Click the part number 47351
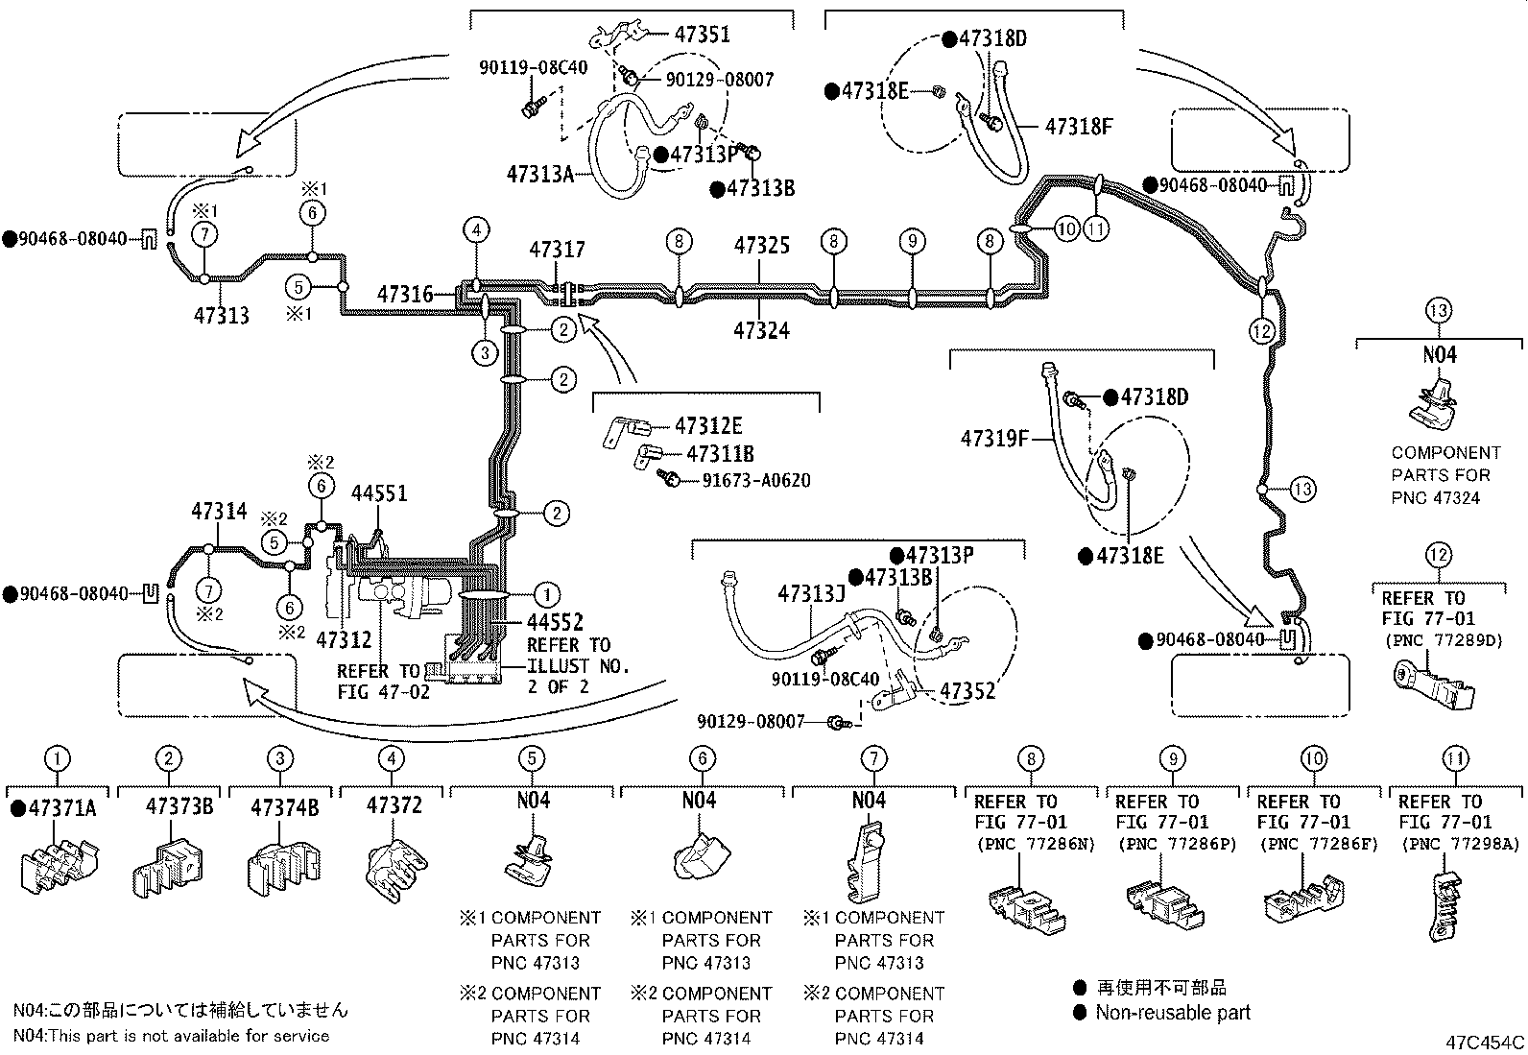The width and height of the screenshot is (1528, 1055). (702, 35)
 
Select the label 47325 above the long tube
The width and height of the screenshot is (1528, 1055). (762, 246)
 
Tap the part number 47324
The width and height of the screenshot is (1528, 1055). (761, 331)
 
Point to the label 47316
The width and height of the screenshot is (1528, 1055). (405, 295)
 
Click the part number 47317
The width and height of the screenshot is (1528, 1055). (558, 250)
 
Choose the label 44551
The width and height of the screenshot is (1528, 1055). (379, 493)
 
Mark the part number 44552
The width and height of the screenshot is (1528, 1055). (556, 622)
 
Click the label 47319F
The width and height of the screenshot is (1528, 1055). (994, 438)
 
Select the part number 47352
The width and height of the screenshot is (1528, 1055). (968, 691)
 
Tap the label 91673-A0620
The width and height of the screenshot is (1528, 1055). (756, 481)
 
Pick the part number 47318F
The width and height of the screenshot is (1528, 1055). (1079, 127)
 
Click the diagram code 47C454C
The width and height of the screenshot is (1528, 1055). (1485, 1043)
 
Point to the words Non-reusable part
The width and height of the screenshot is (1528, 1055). (1173, 1013)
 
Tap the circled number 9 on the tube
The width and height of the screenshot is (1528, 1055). (913, 241)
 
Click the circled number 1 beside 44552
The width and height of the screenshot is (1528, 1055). (547, 595)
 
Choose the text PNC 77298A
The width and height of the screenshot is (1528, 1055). (1461, 845)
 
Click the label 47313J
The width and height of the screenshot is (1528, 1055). (812, 594)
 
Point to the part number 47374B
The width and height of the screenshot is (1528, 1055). (284, 808)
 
